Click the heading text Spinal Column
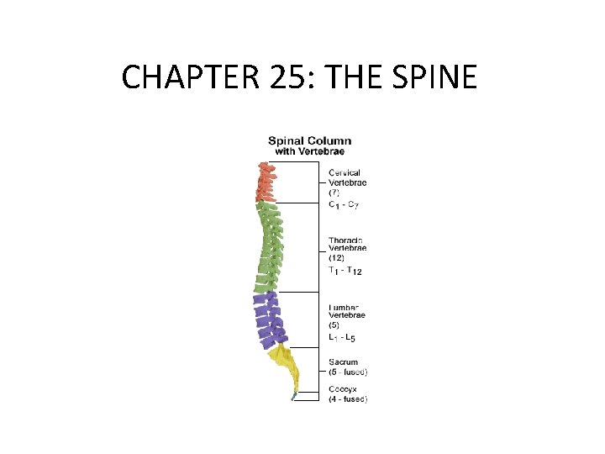pyautogui.click(x=309, y=140)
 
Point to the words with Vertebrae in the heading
pyautogui.click(x=309, y=151)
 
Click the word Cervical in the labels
pyautogui.click(x=345, y=173)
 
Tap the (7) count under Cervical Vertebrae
pyautogui.click(x=334, y=193)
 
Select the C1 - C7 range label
pyautogui.click(x=344, y=204)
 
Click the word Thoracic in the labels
pyautogui.click(x=346, y=240)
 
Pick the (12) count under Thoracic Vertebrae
pyautogui.click(x=336, y=259)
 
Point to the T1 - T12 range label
pyautogui.click(x=345, y=271)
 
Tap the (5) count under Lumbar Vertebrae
pyautogui.click(x=334, y=326)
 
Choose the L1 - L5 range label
pyautogui.click(x=342, y=338)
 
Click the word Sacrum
pyautogui.click(x=344, y=362)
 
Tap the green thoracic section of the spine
pyautogui.click(x=269, y=248)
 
